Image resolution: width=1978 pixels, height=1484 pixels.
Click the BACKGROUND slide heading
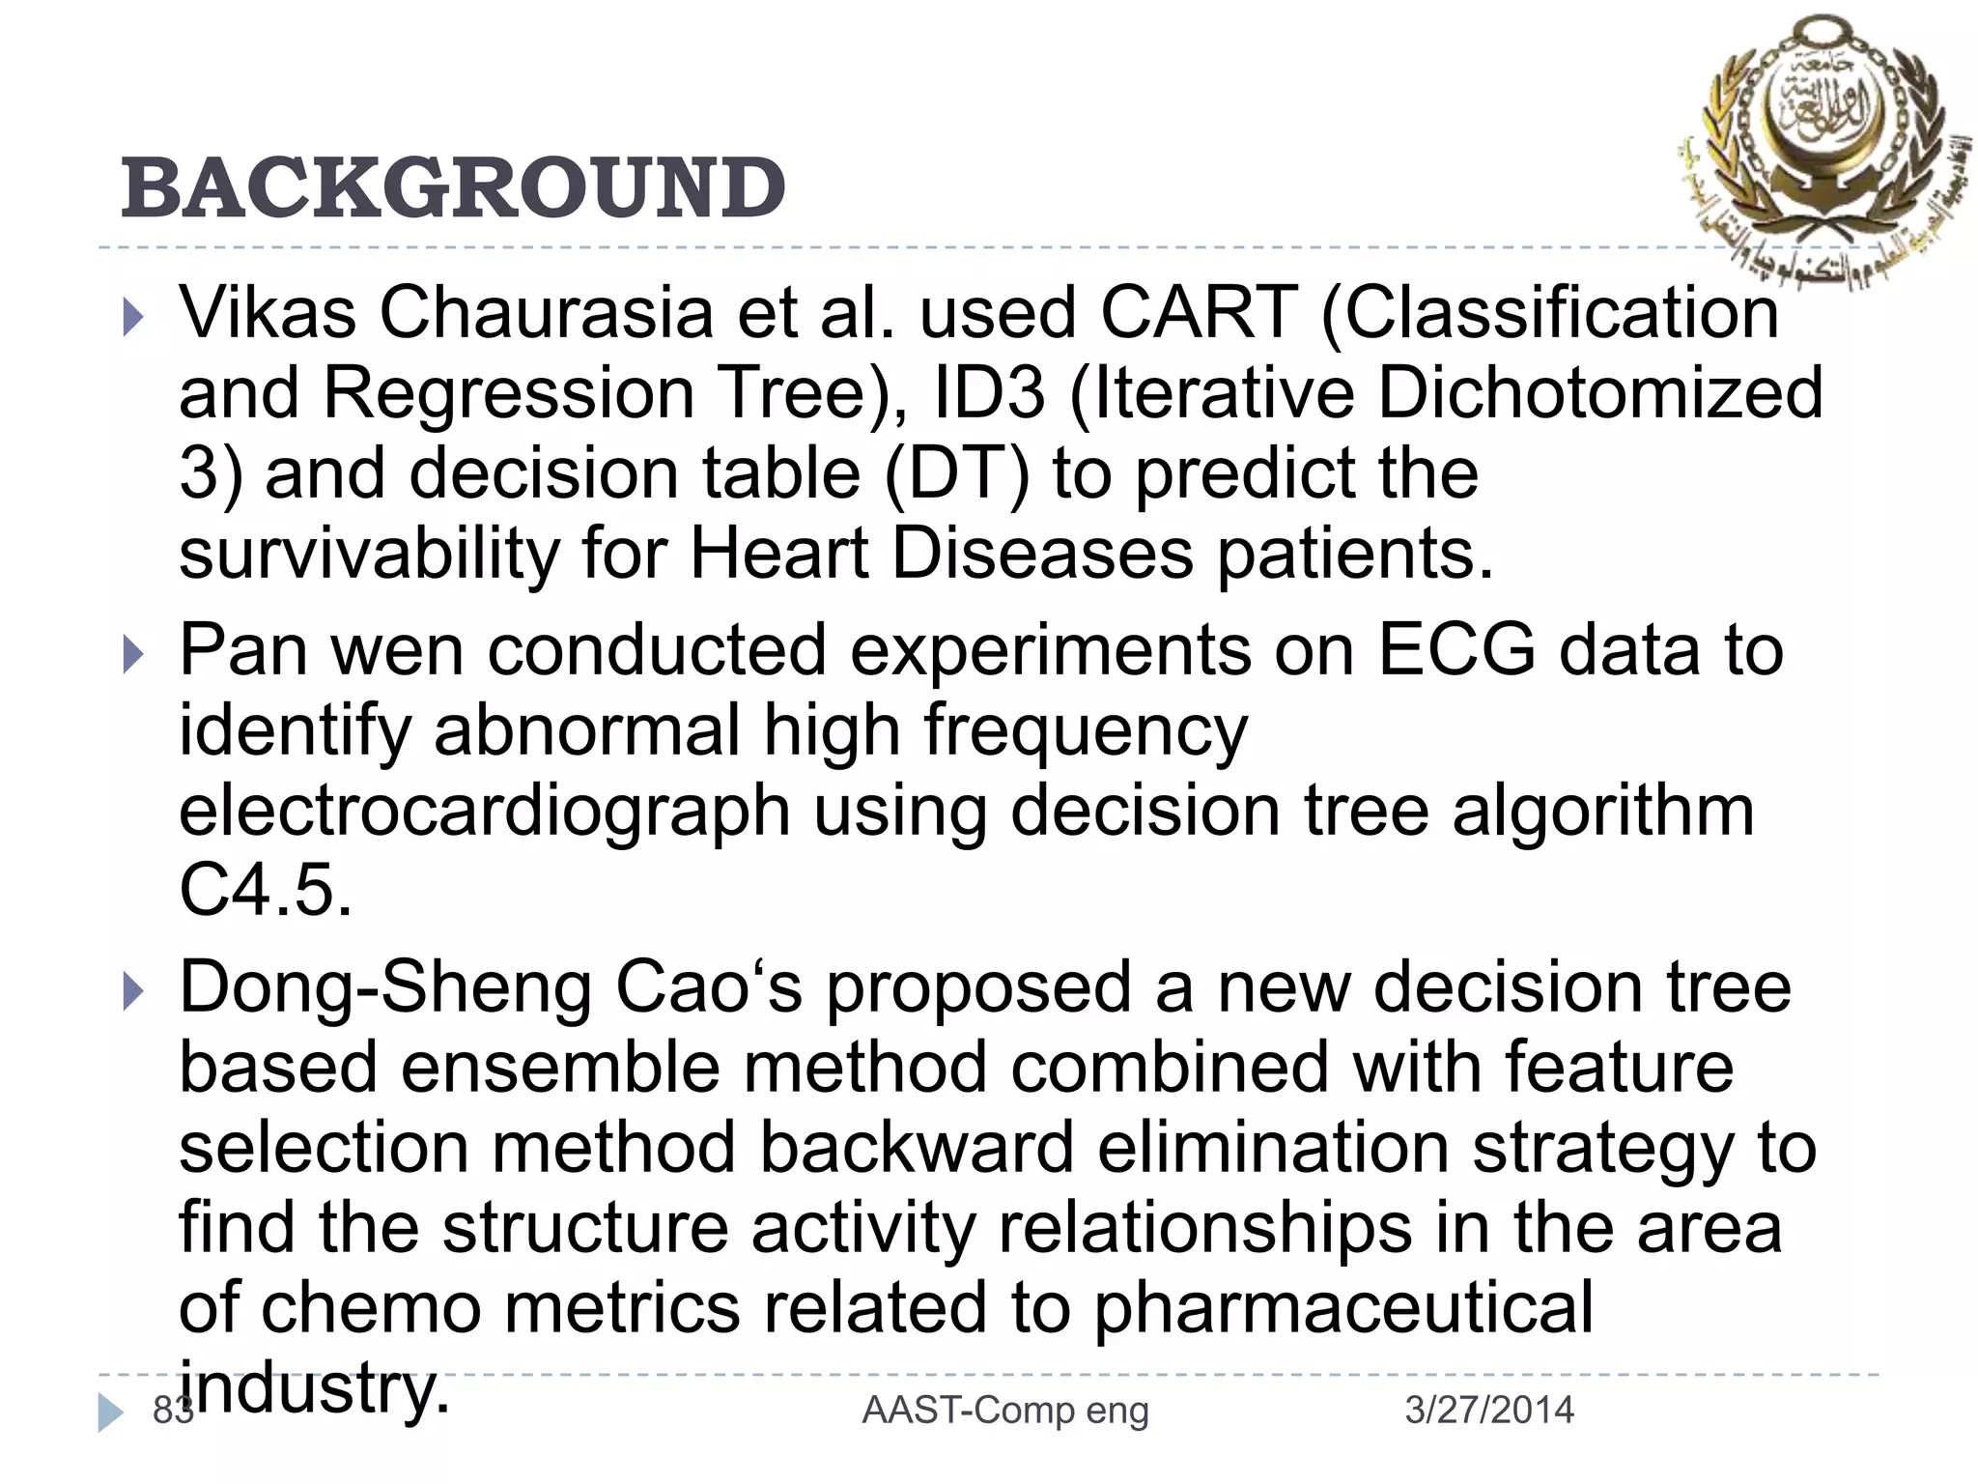click(453, 187)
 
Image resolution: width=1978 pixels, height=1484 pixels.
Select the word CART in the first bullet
click(1199, 314)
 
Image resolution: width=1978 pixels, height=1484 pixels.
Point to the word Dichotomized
click(1599, 394)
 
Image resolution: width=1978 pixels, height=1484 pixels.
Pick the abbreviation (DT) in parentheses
click(956, 474)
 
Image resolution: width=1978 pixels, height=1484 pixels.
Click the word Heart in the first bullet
click(778, 555)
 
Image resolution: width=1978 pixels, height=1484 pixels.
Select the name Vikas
click(268, 314)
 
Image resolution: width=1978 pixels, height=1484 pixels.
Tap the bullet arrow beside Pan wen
click(134, 656)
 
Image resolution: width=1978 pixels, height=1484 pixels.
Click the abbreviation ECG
click(1455, 650)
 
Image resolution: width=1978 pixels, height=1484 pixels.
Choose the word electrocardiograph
click(484, 811)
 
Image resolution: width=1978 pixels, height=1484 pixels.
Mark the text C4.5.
click(266, 891)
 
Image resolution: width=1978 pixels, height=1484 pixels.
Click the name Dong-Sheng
click(385, 987)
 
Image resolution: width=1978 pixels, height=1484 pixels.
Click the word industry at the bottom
click(315, 1388)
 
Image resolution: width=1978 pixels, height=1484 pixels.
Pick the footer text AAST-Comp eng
click(1004, 1411)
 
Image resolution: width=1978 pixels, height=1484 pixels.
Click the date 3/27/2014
click(1488, 1411)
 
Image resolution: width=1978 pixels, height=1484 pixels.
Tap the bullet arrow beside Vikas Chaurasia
click(134, 318)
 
